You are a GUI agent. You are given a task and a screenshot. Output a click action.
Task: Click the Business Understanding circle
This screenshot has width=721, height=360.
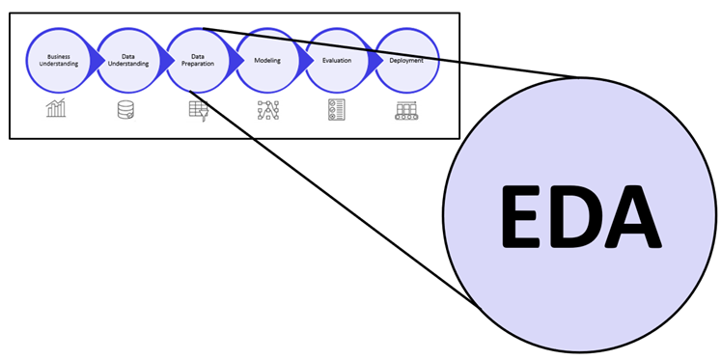point(58,60)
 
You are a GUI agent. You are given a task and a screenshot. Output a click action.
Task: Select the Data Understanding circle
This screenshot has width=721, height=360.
point(127,60)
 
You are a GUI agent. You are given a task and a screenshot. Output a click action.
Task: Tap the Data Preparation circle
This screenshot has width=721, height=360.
point(197,60)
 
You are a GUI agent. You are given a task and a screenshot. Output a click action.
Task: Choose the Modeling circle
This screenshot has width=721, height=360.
point(267,60)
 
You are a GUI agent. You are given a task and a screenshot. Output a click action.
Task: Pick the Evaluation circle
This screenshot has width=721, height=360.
point(337,60)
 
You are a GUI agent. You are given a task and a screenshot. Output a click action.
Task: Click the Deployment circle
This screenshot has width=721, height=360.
point(406,60)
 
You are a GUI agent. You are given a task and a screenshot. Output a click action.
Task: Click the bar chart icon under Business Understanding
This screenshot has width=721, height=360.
point(57,109)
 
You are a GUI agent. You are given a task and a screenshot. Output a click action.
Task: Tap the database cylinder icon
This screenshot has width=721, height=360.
point(125,110)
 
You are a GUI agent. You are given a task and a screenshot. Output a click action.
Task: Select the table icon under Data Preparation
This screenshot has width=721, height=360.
point(198,110)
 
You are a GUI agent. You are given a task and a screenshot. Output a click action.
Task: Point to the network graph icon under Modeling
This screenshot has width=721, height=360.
point(267,110)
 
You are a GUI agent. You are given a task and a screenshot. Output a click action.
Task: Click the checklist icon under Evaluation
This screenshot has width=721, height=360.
point(336,110)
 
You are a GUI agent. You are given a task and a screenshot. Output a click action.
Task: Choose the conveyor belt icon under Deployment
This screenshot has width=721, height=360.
point(405,110)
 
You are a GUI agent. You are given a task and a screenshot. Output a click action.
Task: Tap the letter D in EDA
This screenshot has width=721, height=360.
point(579,215)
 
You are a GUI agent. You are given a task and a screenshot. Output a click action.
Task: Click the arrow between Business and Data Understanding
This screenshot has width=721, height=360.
point(97,60)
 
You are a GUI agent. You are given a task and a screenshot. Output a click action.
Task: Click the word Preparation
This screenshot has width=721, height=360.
point(197,64)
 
